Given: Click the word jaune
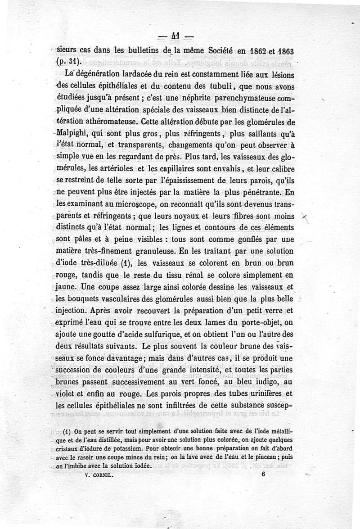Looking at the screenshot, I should [65, 286].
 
